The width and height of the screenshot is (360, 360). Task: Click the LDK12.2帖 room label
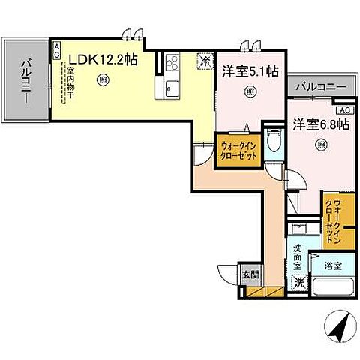(x=103, y=61)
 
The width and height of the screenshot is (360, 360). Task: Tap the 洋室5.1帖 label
(x=250, y=72)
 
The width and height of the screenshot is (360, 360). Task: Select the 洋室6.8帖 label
(x=320, y=125)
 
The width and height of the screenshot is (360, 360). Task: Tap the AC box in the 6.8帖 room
(x=344, y=110)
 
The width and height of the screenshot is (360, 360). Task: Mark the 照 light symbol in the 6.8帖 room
(x=321, y=145)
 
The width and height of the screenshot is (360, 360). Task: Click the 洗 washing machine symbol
(x=298, y=283)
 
